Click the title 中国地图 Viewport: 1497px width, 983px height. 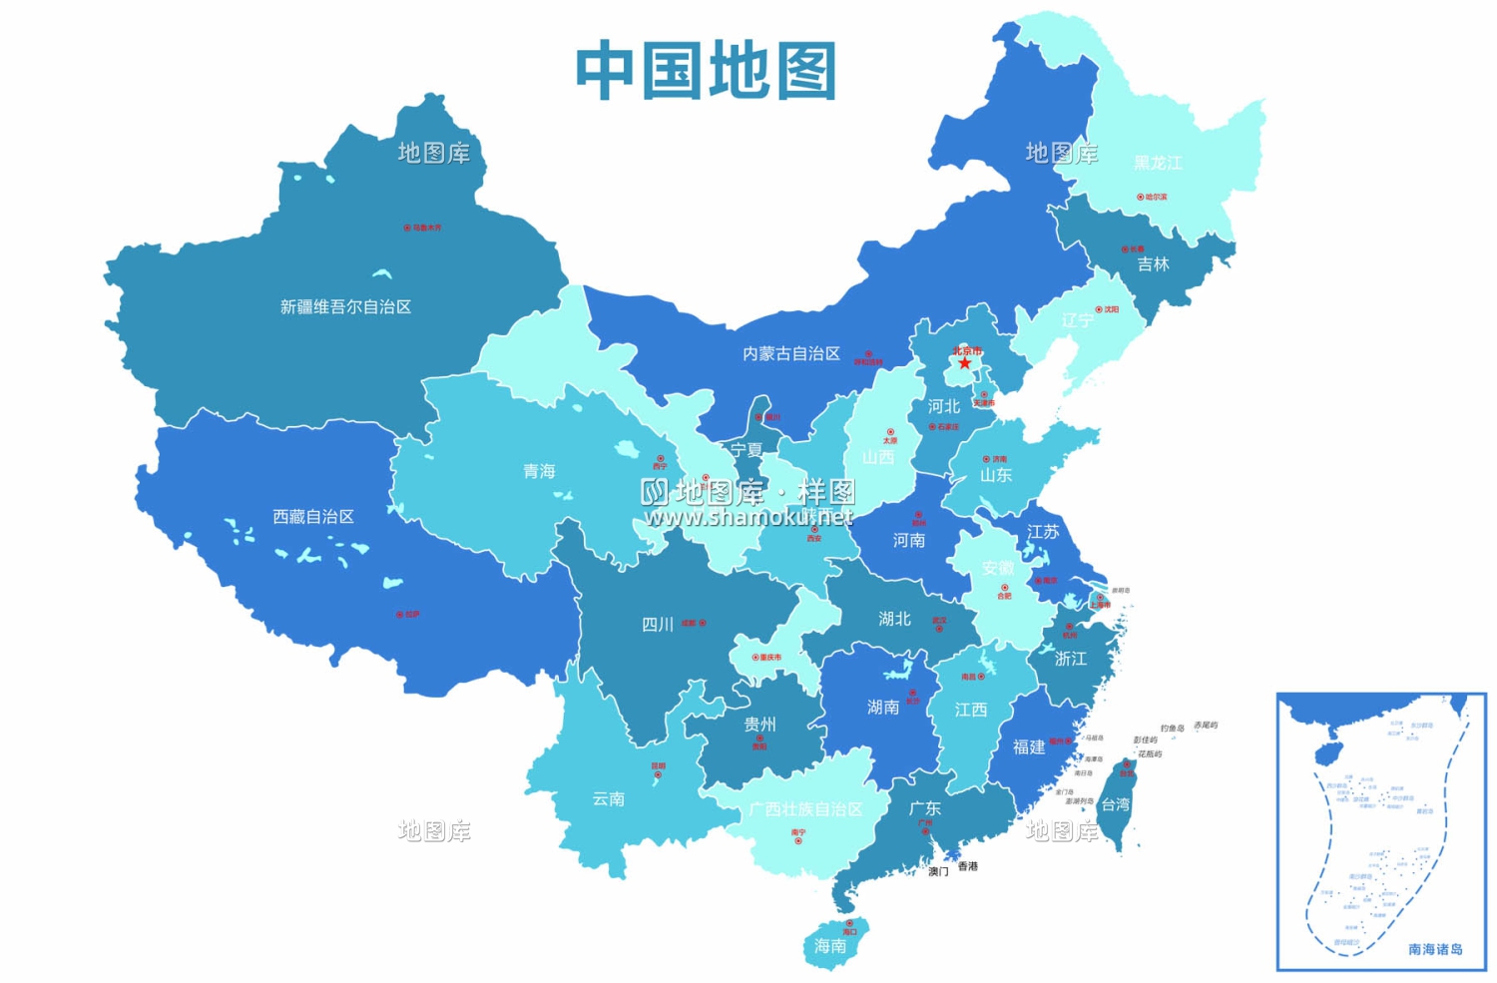click(x=706, y=71)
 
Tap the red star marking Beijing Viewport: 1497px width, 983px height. click(x=964, y=363)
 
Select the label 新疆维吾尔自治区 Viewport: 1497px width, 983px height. click(x=345, y=307)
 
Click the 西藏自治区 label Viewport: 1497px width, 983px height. click(x=313, y=517)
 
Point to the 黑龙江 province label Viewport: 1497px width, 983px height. click(x=1158, y=163)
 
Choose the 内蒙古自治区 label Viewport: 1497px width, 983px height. click(x=791, y=354)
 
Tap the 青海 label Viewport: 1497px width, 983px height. click(x=539, y=471)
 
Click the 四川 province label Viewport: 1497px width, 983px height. click(x=657, y=625)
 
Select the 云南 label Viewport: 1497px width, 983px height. click(x=608, y=798)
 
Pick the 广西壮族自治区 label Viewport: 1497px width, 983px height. click(x=805, y=809)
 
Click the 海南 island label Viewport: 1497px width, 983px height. click(x=830, y=945)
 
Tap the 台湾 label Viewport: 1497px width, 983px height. click(x=1115, y=804)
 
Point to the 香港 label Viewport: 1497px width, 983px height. click(x=968, y=866)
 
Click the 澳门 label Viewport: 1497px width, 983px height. click(x=938, y=871)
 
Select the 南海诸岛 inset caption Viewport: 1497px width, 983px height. click(x=1435, y=949)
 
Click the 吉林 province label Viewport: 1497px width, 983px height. click(x=1153, y=264)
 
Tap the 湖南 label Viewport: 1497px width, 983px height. click(x=883, y=708)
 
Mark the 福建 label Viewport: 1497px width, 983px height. click(x=1029, y=746)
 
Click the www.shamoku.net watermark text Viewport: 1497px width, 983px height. click(x=748, y=517)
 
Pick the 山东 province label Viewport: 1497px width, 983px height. click(x=995, y=475)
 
